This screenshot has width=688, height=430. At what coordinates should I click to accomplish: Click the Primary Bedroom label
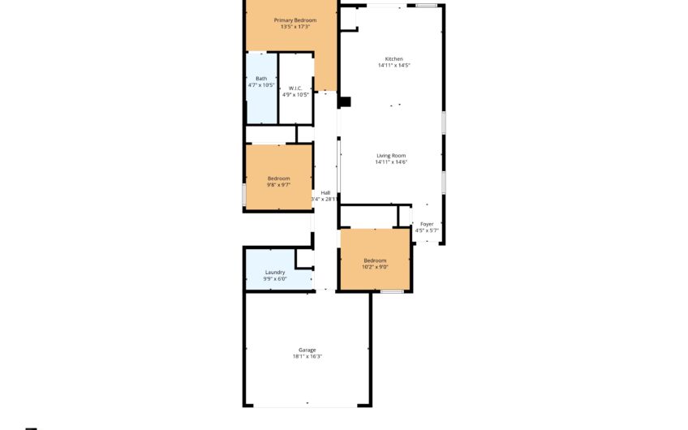pyautogui.click(x=295, y=20)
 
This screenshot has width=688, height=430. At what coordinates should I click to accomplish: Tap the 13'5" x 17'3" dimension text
pyautogui.click(x=295, y=28)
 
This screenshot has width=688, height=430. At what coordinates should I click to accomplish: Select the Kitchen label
pyautogui.click(x=393, y=58)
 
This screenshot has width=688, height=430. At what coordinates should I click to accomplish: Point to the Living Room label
pyautogui.click(x=391, y=155)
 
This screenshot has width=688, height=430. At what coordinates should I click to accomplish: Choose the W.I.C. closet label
pyautogui.click(x=295, y=88)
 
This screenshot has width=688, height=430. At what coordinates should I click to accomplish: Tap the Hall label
pyautogui.click(x=325, y=192)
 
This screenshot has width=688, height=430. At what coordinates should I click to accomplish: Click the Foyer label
pyautogui.click(x=427, y=224)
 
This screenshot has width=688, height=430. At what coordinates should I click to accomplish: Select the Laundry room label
pyautogui.click(x=275, y=272)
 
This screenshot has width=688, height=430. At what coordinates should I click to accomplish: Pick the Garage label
pyautogui.click(x=306, y=350)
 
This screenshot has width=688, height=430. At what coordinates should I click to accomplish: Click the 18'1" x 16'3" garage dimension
pyautogui.click(x=306, y=356)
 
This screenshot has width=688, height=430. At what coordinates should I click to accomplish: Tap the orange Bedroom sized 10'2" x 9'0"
pyautogui.click(x=375, y=262)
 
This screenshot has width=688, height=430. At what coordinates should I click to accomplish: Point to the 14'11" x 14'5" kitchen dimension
pyautogui.click(x=393, y=66)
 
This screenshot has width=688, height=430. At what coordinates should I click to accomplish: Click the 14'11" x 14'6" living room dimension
pyautogui.click(x=391, y=162)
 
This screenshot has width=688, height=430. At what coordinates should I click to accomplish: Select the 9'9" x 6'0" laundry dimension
pyautogui.click(x=275, y=279)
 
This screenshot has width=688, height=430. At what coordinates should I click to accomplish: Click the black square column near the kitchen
pyautogui.click(x=344, y=102)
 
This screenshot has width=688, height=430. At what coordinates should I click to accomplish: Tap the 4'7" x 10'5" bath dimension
pyautogui.click(x=261, y=85)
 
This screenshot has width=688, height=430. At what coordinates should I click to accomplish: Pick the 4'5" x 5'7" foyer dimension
pyautogui.click(x=427, y=230)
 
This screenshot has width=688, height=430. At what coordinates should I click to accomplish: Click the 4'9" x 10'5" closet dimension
pyautogui.click(x=295, y=95)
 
